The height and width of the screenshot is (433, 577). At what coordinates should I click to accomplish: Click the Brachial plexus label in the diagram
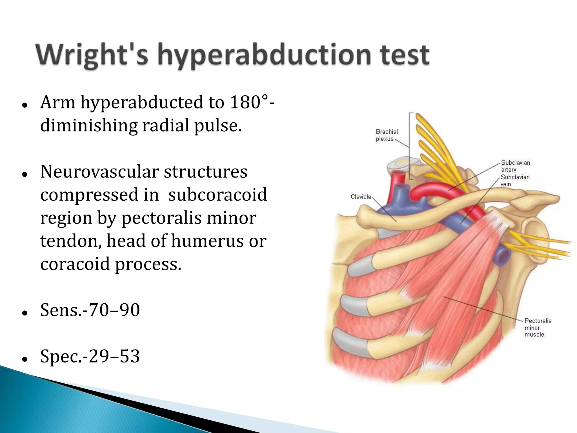(387, 135)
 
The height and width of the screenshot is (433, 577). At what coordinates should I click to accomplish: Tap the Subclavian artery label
(515, 166)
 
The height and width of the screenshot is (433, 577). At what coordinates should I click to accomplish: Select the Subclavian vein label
(515, 180)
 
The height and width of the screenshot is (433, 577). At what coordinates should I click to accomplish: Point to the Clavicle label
(361, 197)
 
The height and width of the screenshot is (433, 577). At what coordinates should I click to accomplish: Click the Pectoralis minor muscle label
(538, 328)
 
